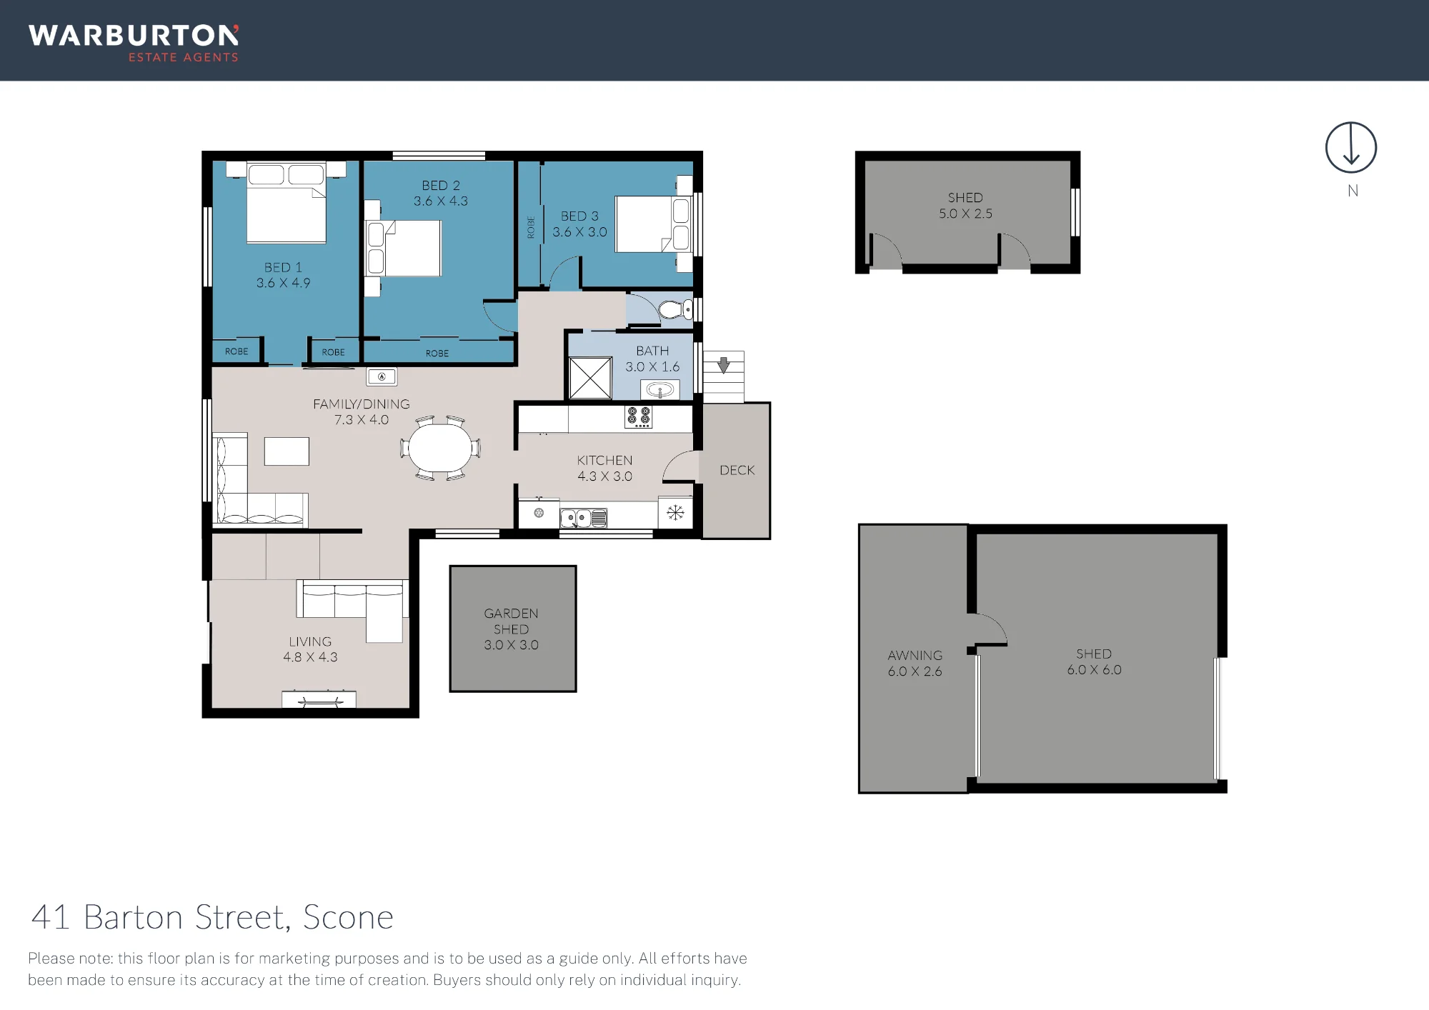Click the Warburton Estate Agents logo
tap(134, 44)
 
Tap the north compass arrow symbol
tap(1350, 147)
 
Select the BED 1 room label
tap(283, 267)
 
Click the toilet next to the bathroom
tap(674, 309)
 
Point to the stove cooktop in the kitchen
tap(638, 416)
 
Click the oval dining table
tap(440, 448)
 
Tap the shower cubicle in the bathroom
tap(590, 378)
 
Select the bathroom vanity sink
tap(660, 390)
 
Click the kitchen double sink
tap(584, 518)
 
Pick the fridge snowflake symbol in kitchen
tap(675, 512)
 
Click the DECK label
tap(737, 470)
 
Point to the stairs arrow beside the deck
tap(723, 365)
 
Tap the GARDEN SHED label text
tap(511, 621)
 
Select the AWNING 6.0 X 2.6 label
tap(915, 663)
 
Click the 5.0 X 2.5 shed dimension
tap(965, 214)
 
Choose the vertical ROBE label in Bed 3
tap(531, 227)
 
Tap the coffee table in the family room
tap(287, 451)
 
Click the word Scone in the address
tap(348, 917)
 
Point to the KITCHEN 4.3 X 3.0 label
tap(604, 468)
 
